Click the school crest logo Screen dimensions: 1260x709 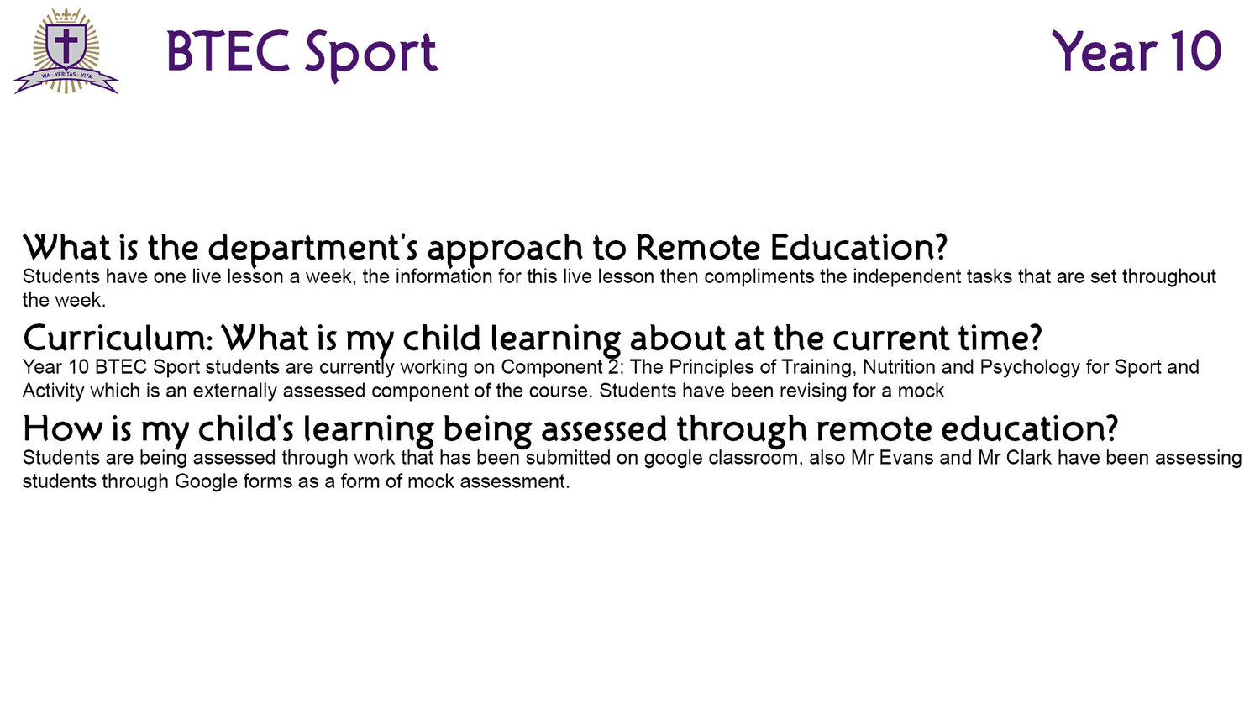tap(66, 51)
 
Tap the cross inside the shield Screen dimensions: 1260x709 tap(66, 45)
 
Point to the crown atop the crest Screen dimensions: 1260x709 tap(66, 15)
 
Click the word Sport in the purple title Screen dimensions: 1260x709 tap(371, 54)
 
